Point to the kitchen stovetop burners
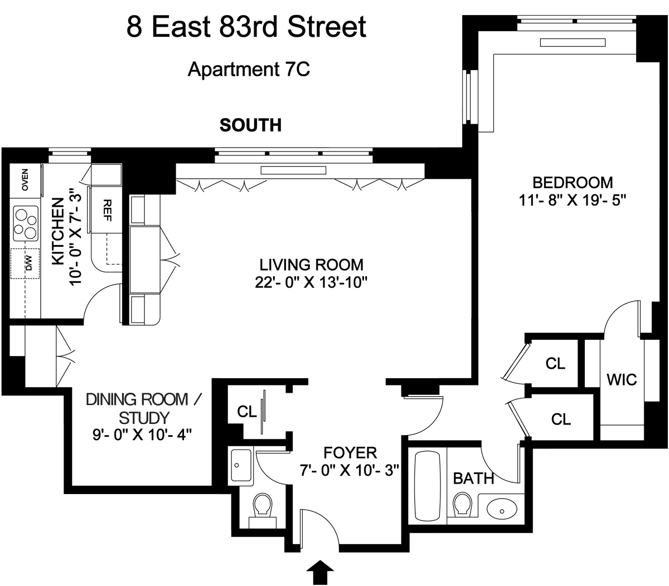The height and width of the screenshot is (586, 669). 25,221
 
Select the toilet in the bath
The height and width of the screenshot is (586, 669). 462,504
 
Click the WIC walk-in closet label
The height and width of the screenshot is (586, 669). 622,379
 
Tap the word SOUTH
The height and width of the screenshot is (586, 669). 250,125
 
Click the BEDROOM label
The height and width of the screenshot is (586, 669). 573,182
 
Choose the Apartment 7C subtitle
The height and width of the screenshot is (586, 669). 249,70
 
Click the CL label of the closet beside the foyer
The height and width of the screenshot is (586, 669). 246,412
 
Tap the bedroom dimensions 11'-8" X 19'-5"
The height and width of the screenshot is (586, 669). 573,200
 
